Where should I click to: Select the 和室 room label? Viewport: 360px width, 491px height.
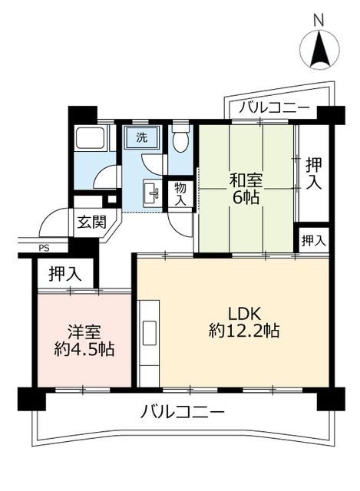(x=247, y=182)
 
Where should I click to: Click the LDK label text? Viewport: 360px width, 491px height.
(x=246, y=313)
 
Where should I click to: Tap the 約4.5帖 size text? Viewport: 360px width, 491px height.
(x=84, y=351)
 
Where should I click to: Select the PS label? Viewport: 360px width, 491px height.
(x=42, y=247)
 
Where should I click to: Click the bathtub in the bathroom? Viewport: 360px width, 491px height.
(x=93, y=142)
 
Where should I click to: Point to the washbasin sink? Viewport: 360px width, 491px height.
(x=150, y=190)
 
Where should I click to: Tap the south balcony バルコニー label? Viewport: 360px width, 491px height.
(x=183, y=413)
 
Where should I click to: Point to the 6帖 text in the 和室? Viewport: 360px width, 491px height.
(x=247, y=199)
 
